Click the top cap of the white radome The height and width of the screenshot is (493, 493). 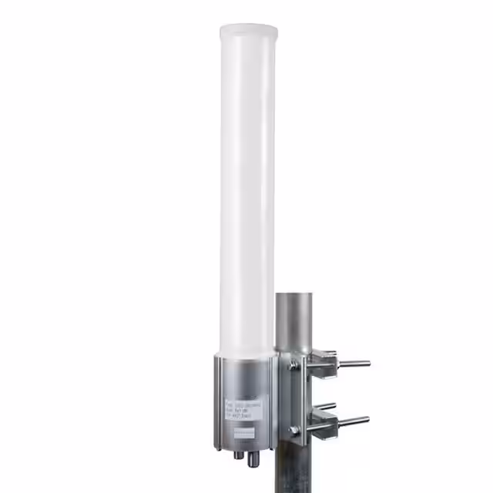(247, 32)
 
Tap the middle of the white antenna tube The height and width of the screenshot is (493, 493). (247, 193)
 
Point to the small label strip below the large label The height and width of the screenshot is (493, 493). (246, 434)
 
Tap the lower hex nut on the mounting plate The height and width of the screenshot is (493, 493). (293, 430)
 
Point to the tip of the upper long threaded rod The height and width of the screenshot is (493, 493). (367, 363)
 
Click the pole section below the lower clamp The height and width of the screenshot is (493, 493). (297, 470)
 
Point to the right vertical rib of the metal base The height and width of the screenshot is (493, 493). (270, 401)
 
